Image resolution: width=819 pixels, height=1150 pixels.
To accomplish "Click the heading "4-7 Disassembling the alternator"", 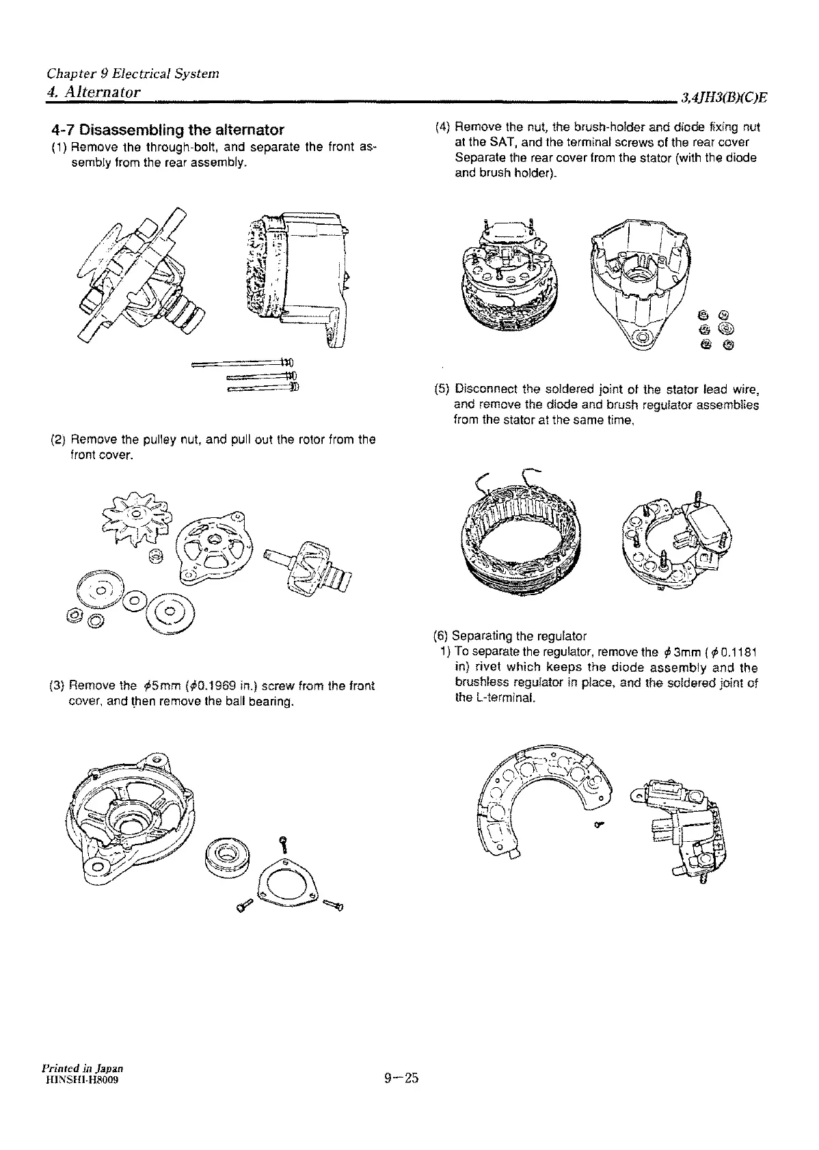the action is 168,130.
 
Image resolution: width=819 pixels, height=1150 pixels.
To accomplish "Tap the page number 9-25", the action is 401,1079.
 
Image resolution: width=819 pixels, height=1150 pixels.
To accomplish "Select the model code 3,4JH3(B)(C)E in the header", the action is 723,98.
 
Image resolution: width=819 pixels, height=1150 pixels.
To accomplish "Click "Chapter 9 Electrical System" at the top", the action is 133,73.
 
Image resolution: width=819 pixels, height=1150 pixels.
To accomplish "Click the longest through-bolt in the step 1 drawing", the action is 243,362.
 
